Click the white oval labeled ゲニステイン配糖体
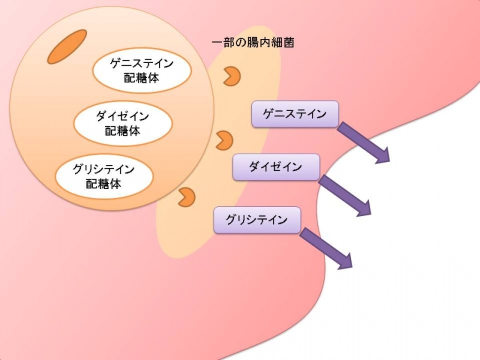[x=142, y=71]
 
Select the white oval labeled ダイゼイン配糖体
[x=123, y=124]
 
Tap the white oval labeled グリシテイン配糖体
[x=104, y=177]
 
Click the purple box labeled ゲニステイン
[x=295, y=114]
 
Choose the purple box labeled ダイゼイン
[x=276, y=167]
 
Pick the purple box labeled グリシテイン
[x=257, y=220]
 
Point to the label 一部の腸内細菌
[x=253, y=43]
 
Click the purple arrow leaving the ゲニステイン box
[x=364, y=143]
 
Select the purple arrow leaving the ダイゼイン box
[x=345, y=196]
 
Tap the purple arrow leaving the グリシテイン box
[x=326, y=249]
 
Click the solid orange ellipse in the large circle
[x=67, y=47]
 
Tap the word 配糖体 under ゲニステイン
[x=142, y=78]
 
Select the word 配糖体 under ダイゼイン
[x=122, y=131]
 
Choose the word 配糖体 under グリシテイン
[x=104, y=184]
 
